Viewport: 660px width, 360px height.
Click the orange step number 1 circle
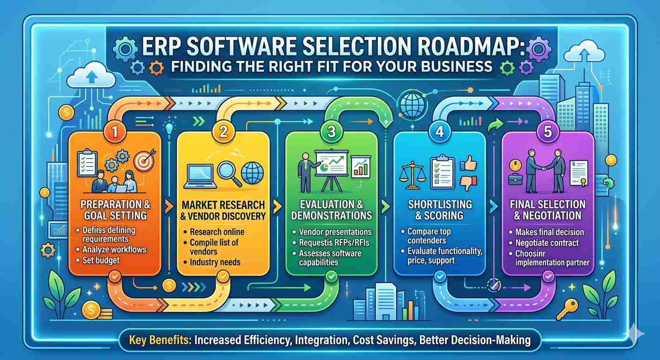[x=115, y=132]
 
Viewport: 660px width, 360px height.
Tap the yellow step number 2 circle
[x=223, y=132]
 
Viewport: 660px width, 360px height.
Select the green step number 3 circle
[x=331, y=132]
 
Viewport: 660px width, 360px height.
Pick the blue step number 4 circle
[x=440, y=132]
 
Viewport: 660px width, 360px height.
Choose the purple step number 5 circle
[x=548, y=132]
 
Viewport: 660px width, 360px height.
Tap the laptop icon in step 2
[x=200, y=176]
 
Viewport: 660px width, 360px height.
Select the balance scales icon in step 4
[x=412, y=175]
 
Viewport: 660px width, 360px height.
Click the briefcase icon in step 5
[x=515, y=179]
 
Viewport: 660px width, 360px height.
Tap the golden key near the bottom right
[x=567, y=309]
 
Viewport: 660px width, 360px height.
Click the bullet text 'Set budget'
[x=101, y=260]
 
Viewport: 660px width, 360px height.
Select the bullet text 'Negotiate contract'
[x=547, y=243]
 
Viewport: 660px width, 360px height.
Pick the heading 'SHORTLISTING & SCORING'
[x=440, y=210]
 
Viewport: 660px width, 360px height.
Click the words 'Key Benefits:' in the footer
[x=160, y=340]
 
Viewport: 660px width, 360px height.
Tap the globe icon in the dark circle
[x=412, y=105]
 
